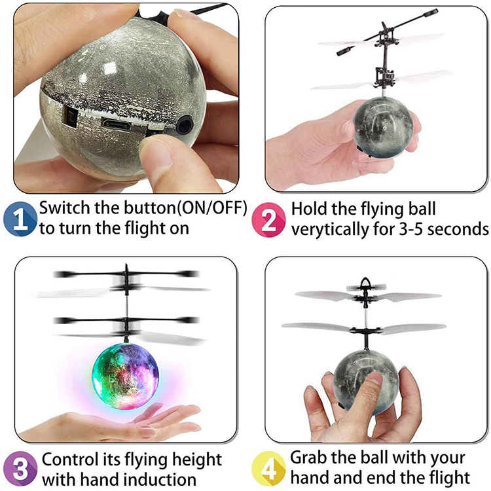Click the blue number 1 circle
(20, 219)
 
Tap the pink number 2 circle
(268, 219)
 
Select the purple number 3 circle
(20, 469)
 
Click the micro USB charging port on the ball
(117, 124)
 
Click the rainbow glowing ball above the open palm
(126, 376)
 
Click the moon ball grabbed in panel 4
(365, 382)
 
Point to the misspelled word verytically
(330, 230)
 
